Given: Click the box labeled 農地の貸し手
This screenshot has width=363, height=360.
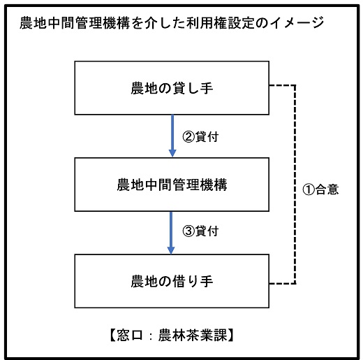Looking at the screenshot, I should coord(172,88).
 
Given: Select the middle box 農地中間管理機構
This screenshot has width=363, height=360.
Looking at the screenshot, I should coord(172,185).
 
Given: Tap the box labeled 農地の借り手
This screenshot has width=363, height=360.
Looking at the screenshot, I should coord(172,281).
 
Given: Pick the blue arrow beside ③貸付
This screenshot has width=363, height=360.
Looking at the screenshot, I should coord(172,232).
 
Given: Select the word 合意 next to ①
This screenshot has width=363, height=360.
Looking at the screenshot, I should coord(326,189).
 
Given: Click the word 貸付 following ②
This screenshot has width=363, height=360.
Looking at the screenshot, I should coord(206,137).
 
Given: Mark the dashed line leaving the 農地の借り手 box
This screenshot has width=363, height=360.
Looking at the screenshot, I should coord(282,284).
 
